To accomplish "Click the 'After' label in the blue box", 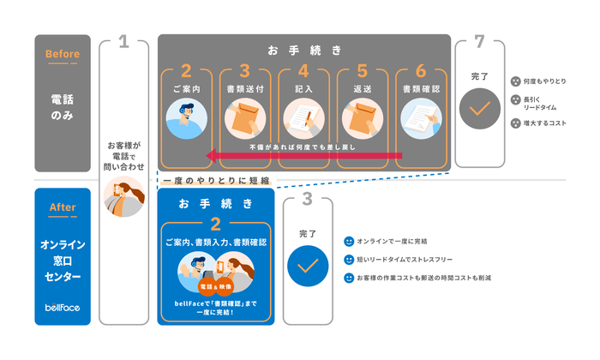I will [62, 207].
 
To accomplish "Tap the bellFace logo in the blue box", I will [62, 307].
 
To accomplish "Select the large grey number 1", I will [123, 43].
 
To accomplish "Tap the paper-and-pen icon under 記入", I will [303, 118].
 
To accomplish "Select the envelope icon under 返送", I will [362, 118].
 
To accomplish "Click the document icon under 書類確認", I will [420, 118].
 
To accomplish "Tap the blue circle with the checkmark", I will [307, 266].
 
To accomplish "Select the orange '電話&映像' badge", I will [215, 286].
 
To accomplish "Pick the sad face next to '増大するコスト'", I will [515, 123].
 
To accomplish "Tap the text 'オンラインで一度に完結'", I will [391, 241].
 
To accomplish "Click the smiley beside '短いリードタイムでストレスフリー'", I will [349, 260].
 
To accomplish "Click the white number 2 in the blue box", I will [215, 224].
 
